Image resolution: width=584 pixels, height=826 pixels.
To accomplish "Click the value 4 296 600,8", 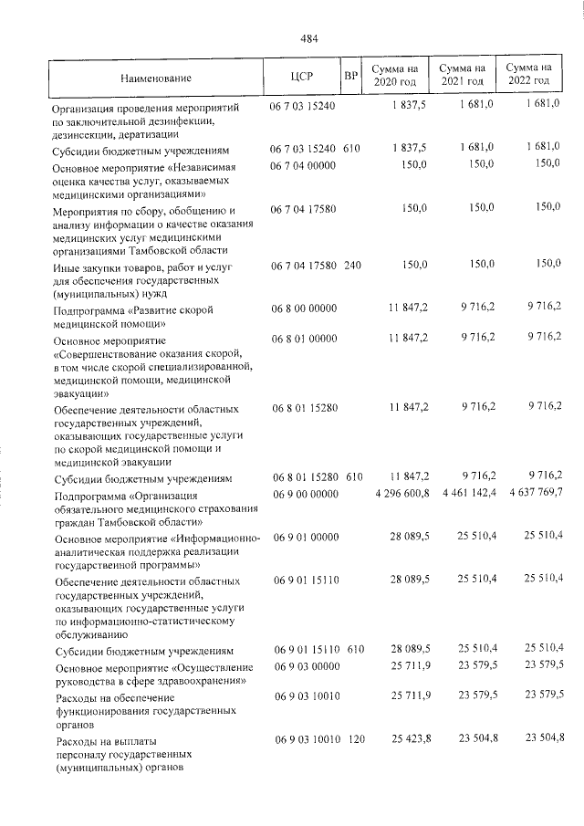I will [x=395, y=493].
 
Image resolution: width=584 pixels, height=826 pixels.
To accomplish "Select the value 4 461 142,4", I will [x=462, y=493].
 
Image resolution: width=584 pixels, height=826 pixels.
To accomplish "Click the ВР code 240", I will [x=353, y=264].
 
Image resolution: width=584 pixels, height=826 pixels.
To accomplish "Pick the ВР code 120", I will [x=353, y=737].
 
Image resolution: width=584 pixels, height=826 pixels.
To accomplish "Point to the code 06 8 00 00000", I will [x=303, y=311].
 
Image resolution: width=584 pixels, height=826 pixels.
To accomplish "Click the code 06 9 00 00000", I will [x=303, y=493].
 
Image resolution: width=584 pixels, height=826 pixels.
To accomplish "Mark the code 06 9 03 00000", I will [x=303, y=667].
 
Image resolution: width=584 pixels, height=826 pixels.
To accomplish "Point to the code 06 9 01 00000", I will [x=303, y=538].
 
